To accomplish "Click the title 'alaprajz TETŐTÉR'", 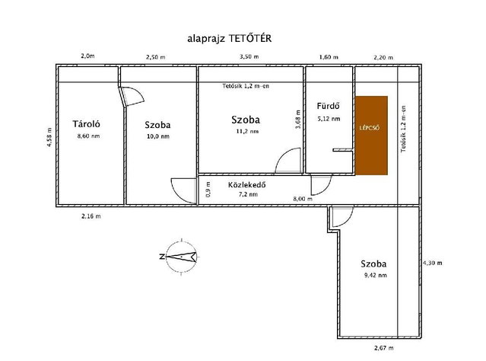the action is (230, 39).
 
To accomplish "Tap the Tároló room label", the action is (87, 124).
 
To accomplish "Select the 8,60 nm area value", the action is (89, 136).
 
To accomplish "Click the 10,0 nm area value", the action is (158, 136).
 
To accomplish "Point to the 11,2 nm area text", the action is (247, 131).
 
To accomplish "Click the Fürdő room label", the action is (329, 106).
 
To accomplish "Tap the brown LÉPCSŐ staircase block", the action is (371, 136).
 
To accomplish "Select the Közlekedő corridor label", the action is (247, 185).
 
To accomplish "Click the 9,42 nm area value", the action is (376, 275).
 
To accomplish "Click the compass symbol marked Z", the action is (181, 257).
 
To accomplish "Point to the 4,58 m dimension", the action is (49, 137).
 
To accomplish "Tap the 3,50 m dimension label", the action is (249, 57).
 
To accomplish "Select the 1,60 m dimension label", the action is (329, 57).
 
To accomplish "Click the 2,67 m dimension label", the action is (384, 348).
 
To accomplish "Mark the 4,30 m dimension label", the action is (433, 263).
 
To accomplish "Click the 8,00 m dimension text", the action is (303, 199).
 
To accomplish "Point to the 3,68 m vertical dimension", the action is (298, 120).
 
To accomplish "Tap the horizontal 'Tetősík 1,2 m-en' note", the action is (246, 86).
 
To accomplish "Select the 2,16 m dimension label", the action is (91, 216).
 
